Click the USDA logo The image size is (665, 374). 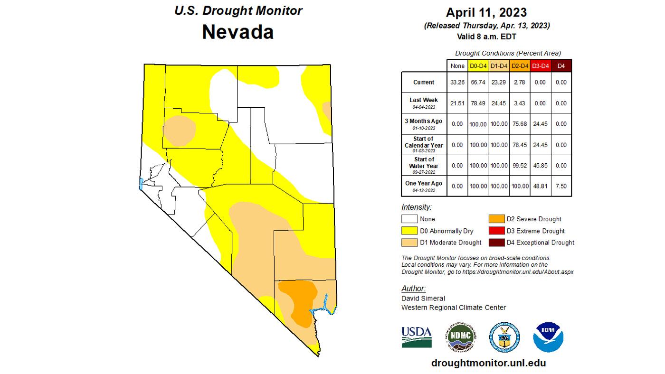(x=416, y=337)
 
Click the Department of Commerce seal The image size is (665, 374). (x=504, y=337)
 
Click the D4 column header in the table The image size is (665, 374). (x=561, y=66)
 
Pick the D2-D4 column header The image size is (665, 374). (x=520, y=66)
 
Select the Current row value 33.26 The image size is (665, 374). (x=457, y=82)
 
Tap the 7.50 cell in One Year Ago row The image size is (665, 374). (x=561, y=186)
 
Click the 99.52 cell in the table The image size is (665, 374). (x=520, y=166)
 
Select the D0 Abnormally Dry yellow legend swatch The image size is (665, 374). (x=409, y=231)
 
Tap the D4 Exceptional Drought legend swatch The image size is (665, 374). (x=496, y=243)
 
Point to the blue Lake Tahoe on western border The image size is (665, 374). (x=141, y=184)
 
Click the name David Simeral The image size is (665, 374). (x=423, y=299)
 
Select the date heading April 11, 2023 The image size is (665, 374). (x=486, y=12)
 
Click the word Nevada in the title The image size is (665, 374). (x=237, y=32)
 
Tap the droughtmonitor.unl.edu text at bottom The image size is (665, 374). (x=488, y=363)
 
